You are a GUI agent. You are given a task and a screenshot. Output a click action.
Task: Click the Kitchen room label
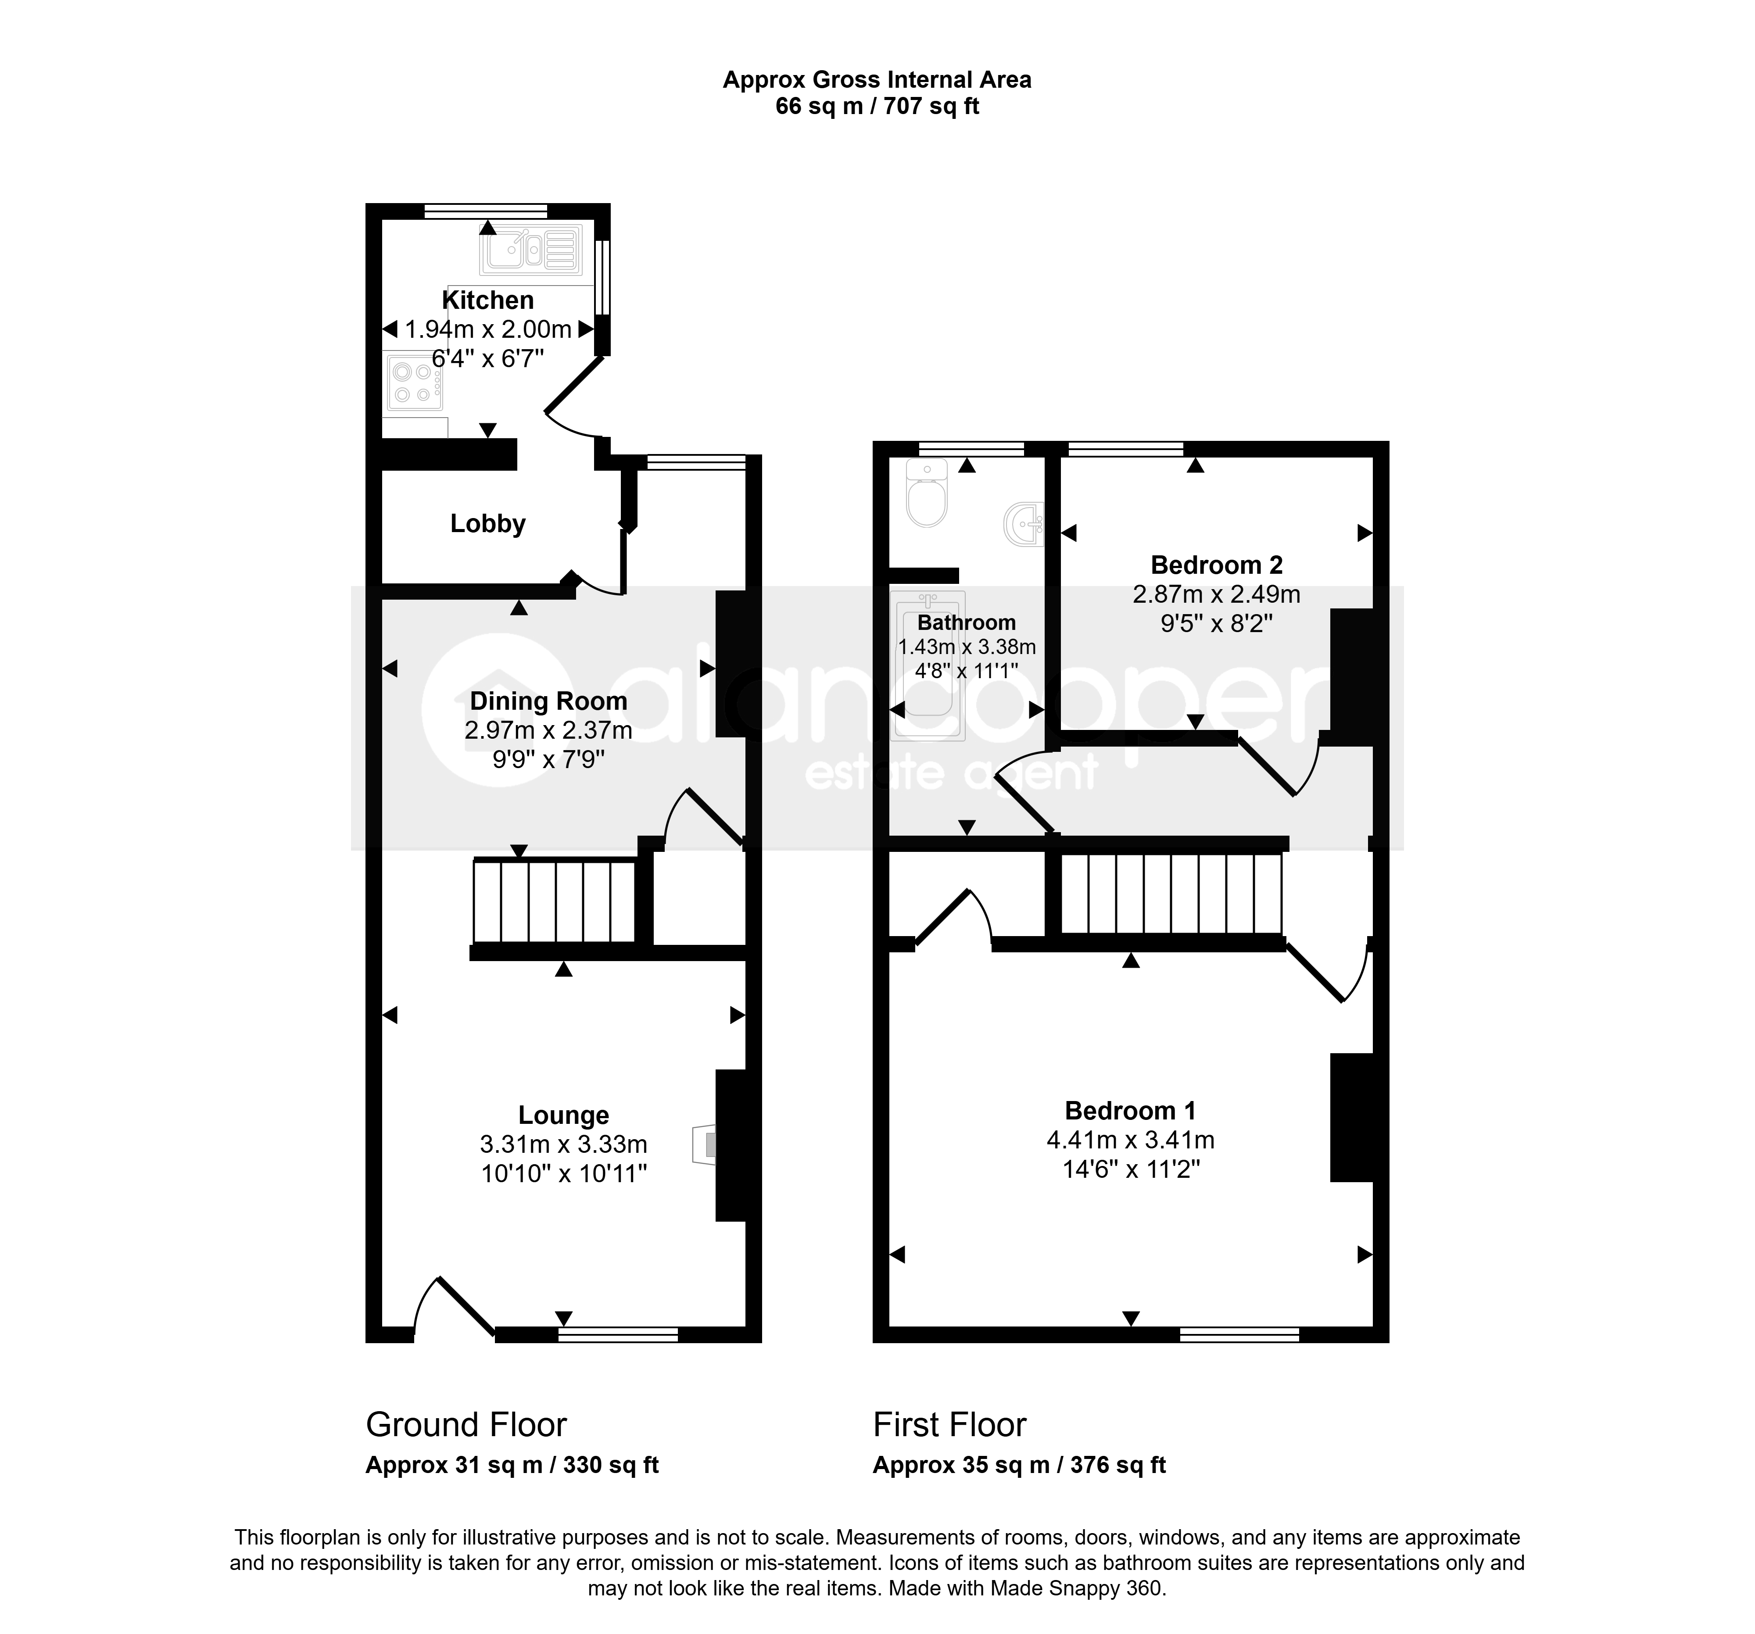click(x=487, y=300)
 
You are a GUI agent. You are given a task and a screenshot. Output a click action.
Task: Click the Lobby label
click(x=487, y=523)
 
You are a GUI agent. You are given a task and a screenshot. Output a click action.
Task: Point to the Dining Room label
click(x=548, y=701)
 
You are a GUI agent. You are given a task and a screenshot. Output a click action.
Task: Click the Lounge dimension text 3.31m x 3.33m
click(x=563, y=1144)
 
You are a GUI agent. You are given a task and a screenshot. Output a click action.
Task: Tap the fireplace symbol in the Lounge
click(x=705, y=1145)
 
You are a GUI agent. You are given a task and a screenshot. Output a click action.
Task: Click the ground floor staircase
click(x=555, y=902)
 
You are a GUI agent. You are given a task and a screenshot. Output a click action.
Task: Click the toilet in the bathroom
click(x=927, y=493)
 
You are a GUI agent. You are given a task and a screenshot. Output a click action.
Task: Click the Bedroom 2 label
click(x=1217, y=565)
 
